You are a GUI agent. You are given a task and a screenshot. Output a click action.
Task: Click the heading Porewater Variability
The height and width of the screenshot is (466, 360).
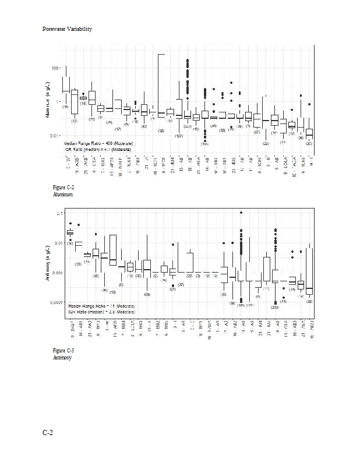[x=67, y=29]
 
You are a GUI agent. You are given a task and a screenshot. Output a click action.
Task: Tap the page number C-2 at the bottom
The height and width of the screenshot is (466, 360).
[x=48, y=432]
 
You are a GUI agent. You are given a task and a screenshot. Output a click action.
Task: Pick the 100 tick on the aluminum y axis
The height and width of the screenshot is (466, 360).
[x=56, y=68]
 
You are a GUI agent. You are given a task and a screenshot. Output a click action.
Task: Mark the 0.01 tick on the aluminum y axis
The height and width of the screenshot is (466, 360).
[x=55, y=136]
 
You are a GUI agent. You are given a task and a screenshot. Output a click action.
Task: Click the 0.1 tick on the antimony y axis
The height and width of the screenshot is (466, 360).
[x=59, y=213]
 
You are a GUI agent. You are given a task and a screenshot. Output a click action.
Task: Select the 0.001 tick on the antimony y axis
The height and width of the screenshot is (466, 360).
[x=57, y=273]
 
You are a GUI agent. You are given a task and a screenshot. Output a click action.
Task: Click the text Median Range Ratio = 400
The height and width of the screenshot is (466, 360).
[x=97, y=143]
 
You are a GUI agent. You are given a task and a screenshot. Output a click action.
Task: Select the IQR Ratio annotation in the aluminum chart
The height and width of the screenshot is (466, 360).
[x=97, y=149]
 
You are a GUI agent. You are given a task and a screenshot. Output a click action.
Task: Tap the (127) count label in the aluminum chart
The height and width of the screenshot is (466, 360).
[x=179, y=136]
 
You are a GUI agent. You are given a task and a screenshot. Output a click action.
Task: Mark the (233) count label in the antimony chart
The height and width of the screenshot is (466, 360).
[x=276, y=307]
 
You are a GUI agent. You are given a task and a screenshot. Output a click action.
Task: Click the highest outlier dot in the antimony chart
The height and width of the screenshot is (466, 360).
[x=241, y=213]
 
